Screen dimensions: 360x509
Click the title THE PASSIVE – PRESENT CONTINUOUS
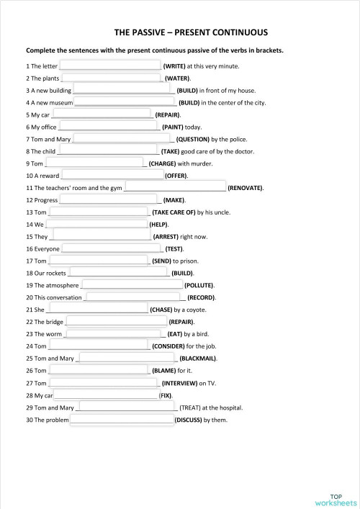(181, 32)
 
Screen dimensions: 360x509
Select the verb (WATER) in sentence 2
(177, 78)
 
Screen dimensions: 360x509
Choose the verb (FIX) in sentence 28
(166, 395)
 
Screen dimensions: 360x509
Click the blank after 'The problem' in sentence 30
(122, 419)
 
